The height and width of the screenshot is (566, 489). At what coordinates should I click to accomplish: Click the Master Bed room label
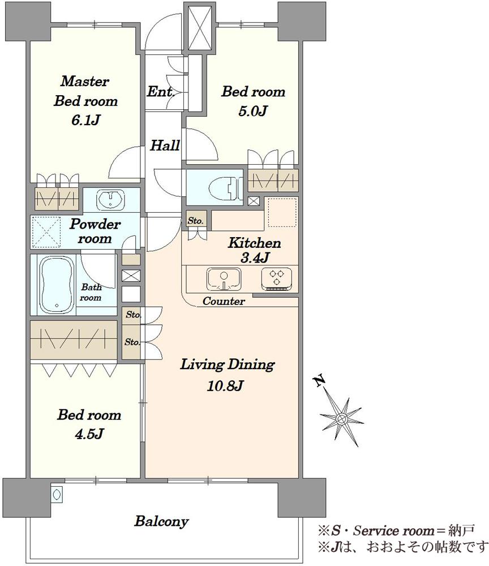point(86,91)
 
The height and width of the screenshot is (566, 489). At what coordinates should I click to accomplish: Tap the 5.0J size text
point(252,110)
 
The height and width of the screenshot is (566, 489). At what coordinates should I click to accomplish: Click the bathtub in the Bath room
point(57,285)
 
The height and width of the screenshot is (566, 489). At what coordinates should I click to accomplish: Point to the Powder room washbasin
point(110,200)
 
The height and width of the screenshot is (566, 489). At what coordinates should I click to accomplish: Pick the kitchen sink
point(224,279)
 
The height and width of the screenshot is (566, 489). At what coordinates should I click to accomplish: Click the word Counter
point(224,301)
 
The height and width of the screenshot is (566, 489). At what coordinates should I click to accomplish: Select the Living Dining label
point(228,364)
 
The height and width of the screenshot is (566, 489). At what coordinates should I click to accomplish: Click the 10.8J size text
point(225,386)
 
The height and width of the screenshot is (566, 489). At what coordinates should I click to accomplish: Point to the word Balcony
point(161,521)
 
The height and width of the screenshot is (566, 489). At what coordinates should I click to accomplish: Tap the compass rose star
point(341,419)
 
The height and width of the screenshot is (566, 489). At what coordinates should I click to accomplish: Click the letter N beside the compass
point(319,381)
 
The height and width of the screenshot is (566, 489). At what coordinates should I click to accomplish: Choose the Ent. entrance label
point(161,91)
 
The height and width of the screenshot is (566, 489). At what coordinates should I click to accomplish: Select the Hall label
point(165,145)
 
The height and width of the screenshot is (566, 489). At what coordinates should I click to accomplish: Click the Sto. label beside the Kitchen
point(196,221)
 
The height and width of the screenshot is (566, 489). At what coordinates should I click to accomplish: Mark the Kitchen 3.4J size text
point(255,258)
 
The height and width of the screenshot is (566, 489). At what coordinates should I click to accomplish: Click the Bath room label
point(91,293)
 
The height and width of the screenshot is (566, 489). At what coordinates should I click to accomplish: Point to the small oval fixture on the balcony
point(57,495)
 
